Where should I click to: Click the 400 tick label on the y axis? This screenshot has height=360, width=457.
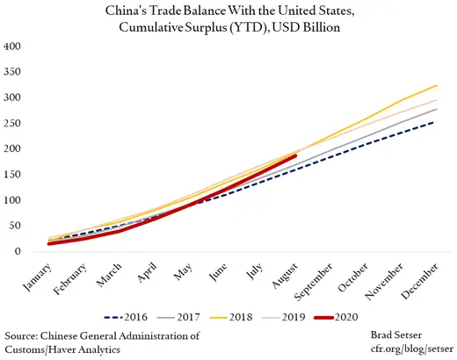click(x=11, y=45)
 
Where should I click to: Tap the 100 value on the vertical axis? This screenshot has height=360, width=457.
click(x=11, y=200)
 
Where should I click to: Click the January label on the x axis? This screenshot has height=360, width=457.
click(x=36, y=275)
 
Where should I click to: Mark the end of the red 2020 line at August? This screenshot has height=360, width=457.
click(x=296, y=155)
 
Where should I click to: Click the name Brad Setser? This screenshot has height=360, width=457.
click(x=415, y=335)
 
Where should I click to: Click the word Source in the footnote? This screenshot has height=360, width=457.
click(x=23, y=335)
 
